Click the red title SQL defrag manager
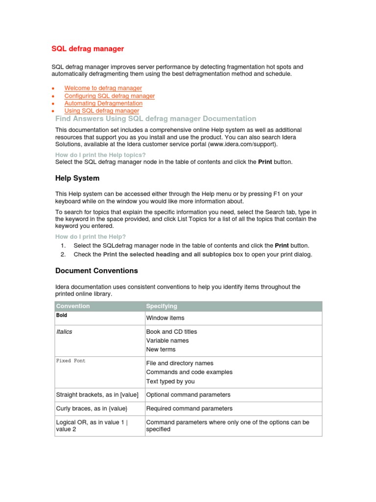tap(88, 49)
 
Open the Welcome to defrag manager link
tap(103, 88)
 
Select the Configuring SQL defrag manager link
tap(109, 96)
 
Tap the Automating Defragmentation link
tap(103, 103)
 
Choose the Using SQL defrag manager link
tap(101, 111)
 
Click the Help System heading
tap(77, 178)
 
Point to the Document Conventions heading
tap(96, 271)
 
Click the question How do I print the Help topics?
tap(100, 155)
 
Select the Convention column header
tap(73, 306)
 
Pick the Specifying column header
tap(162, 306)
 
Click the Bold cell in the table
tap(62, 316)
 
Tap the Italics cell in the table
tap(64, 332)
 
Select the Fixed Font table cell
tap(70, 361)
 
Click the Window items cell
tap(165, 318)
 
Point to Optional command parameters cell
tap(188, 395)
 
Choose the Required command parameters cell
tap(189, 408)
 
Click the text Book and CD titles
tap(171, 332)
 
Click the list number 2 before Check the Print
tap(63, 254)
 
